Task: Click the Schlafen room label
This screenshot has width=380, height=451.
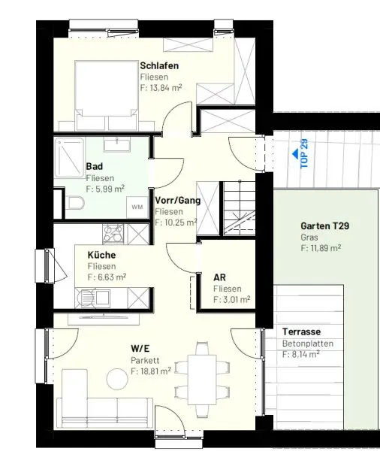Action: tap(159, 65)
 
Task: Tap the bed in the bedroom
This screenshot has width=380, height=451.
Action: tap(107, 95)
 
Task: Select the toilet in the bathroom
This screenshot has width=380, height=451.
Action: tap(75, 203)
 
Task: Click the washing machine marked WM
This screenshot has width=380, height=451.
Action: tap(137, 207)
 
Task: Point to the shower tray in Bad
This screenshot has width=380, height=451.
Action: tap(70, 158)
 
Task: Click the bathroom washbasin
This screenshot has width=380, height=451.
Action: tap(117, 144)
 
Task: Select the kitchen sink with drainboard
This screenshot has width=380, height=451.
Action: tap(92, 298)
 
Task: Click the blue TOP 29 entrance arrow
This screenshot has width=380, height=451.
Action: tap(295, 154)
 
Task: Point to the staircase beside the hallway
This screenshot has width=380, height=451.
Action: tap(240, 208)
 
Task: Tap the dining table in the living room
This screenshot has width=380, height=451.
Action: tap(202, 380)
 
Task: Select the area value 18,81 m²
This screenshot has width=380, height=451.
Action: tap(151, 371)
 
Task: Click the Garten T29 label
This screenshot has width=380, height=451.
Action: tap(325, 225)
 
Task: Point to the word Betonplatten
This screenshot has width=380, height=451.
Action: tap(308, 344)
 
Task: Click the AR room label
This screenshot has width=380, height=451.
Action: tap(219, 277)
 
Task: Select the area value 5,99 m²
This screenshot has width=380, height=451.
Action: tap(105, 189)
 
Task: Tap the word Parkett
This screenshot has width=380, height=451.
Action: tap(145, 360)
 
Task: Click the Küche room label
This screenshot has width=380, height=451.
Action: tap(101, 255)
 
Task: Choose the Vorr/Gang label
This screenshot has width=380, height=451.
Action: tap(178, 201)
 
